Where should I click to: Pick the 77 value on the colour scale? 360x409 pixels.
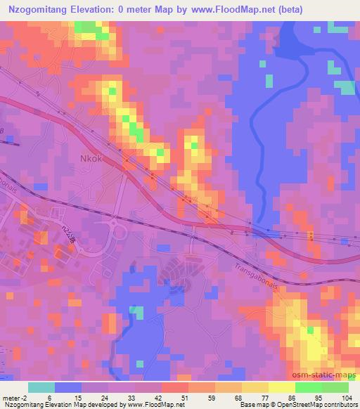(x=255, y=398)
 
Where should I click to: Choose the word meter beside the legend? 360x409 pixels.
(x=10, y=398)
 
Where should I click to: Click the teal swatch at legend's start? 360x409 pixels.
(x=41, y=387)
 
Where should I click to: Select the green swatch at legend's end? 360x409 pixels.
(x=335, y=387)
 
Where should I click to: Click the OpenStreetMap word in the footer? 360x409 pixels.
(x=302, y=405)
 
